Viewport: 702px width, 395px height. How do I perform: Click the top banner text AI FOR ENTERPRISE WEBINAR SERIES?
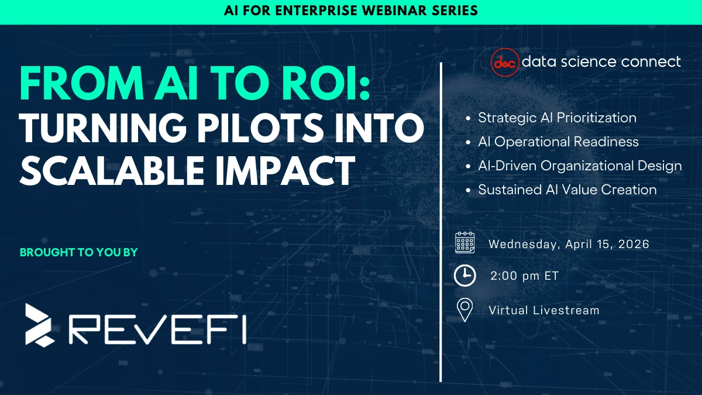(x=351, y=11)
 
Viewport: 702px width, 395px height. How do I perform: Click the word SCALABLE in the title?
(x=108, y=168)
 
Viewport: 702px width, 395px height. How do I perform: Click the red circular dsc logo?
(x=504, y=61)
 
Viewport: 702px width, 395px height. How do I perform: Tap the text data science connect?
(x=601, y=61)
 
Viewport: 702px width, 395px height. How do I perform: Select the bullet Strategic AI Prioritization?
(x=557, y=118)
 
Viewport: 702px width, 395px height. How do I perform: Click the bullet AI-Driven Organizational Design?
(x=580, y=166)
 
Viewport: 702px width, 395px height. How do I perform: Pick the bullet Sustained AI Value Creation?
(x=567, y=190)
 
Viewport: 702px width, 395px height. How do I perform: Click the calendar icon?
(x=465, y=243)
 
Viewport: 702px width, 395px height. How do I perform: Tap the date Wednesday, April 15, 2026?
(x=569, y=244)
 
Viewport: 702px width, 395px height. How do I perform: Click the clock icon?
(x=465, y=276)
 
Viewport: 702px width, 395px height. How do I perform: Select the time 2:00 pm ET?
(x=524, y=276)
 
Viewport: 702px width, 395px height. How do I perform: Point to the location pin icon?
(x=465, y=310)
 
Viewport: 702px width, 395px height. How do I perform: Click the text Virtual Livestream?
(x=544, y=310)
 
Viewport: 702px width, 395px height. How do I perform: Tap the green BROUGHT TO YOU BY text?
(x=79, y=253)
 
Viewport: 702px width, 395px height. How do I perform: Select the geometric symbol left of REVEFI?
(x=40, y=324)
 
